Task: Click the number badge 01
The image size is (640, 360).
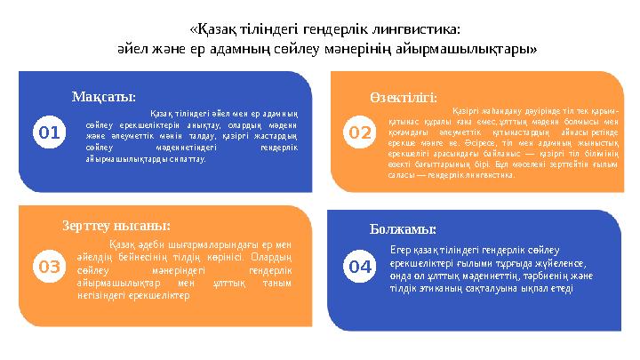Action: (50, 133)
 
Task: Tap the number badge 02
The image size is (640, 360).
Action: (360, 133)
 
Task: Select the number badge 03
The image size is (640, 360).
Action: (50, 266)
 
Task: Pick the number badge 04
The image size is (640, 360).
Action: (360, 266)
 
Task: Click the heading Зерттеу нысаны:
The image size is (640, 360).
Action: (116, 226)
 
